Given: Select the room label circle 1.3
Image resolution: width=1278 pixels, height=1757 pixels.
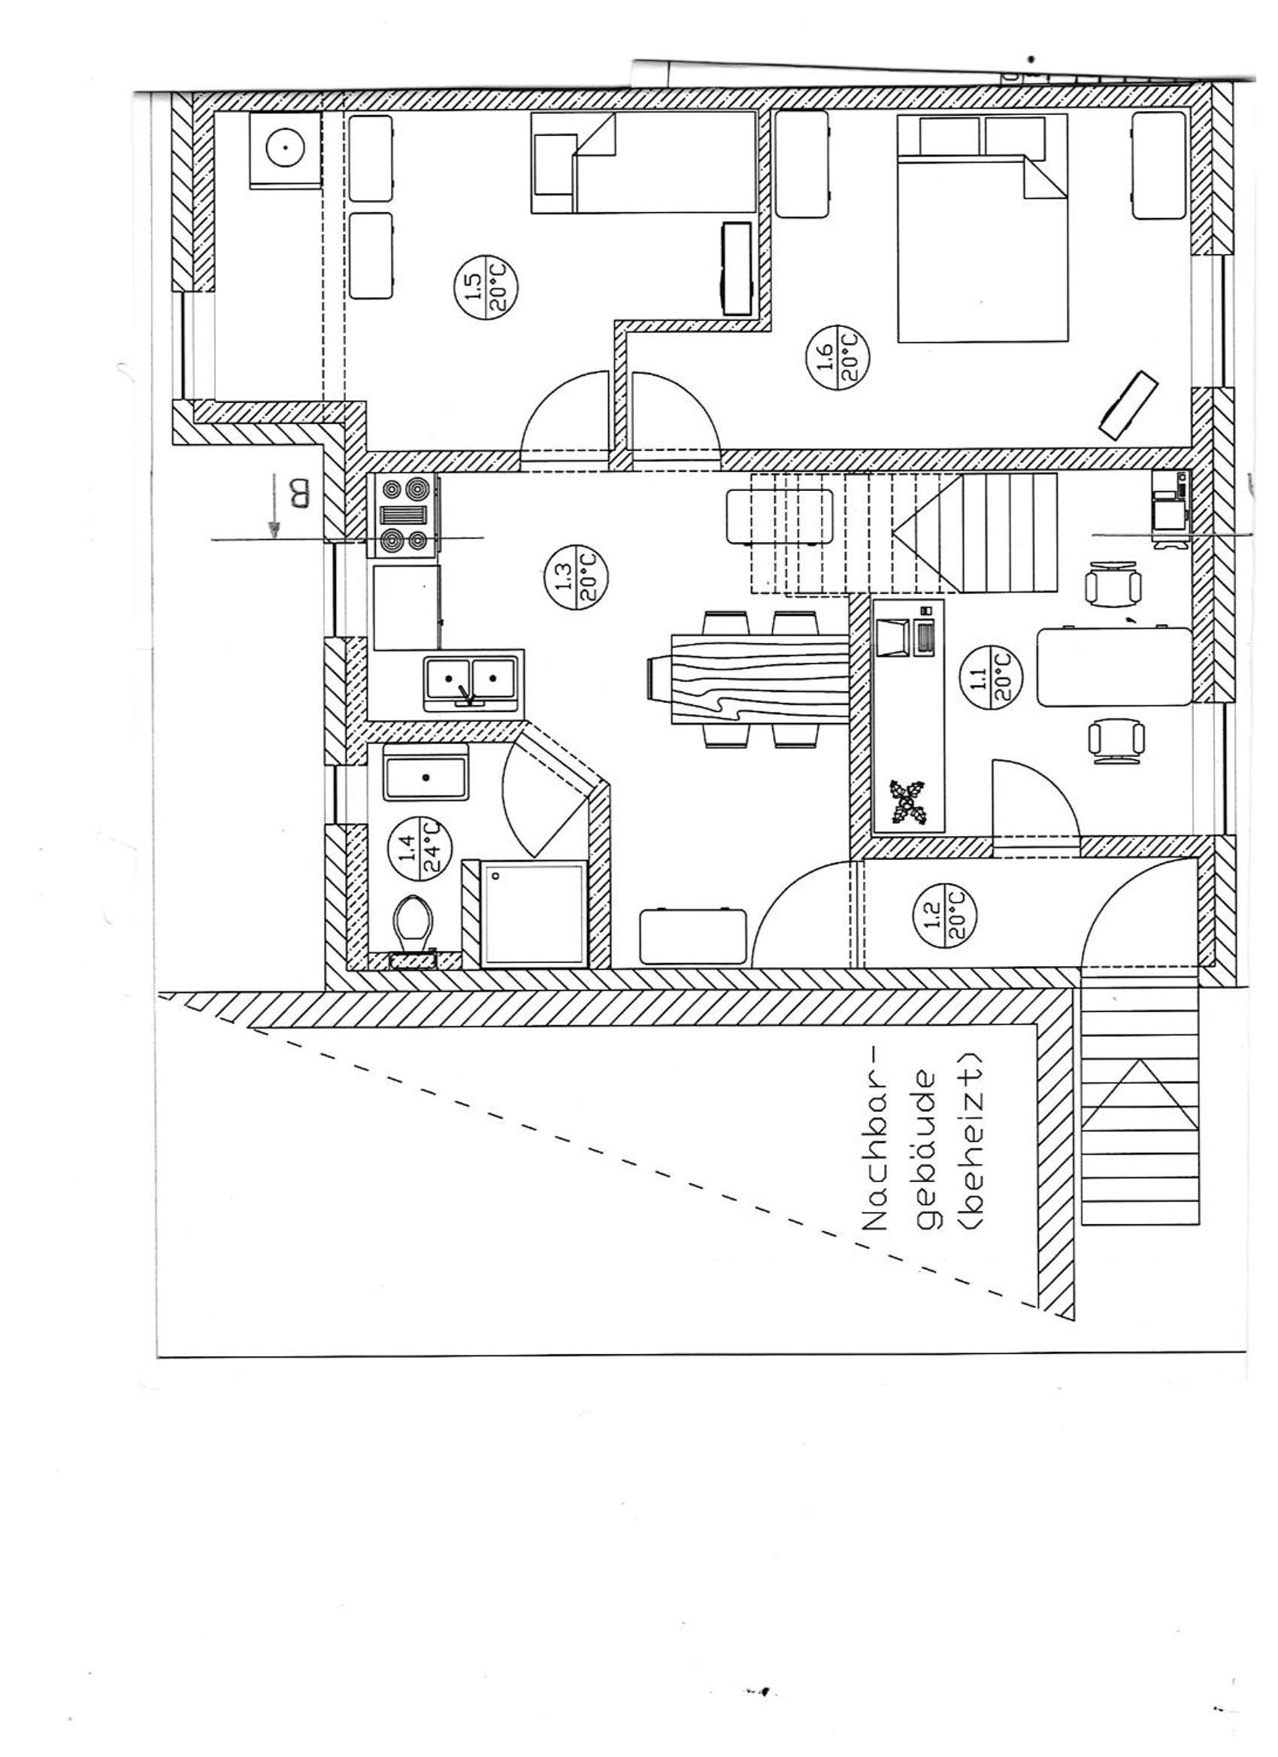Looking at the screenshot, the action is [576, 579].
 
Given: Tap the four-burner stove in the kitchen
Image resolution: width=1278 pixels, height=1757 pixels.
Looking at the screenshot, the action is [405, 516].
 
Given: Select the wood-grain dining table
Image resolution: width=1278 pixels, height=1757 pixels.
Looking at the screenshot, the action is [750, 679].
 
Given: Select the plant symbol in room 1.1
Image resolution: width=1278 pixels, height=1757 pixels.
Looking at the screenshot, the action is [906, 801].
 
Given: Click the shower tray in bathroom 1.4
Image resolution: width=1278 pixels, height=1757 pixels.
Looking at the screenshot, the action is [533, 914].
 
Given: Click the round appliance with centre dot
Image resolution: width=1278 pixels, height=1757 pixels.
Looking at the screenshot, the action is [285, 150].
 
